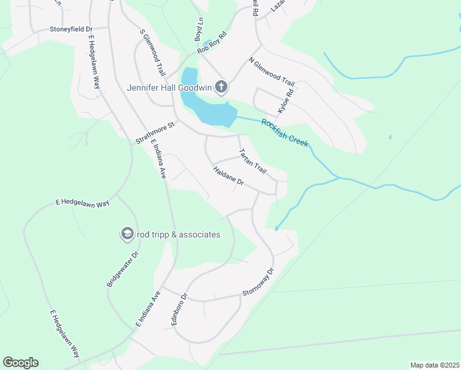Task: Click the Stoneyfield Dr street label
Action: (x=71, y=29)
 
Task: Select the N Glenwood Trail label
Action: (x=272, y=71)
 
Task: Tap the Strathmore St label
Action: (x=155, y=133)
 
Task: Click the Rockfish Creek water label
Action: (x=285, y=132)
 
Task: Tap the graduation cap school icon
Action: (x=126, y=234)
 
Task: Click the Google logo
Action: (x=20, y=363)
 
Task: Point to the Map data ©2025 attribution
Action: (x=434, y=365)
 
